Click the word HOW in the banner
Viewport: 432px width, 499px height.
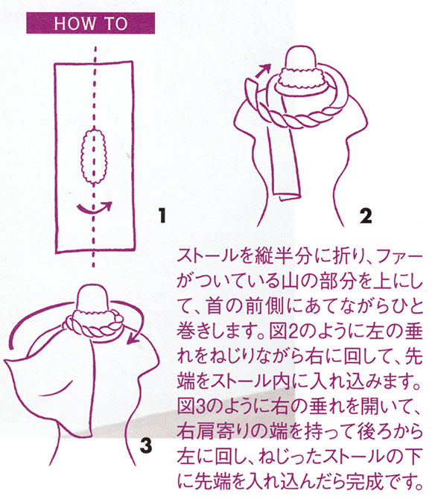pyautogui.click(x=74, y=23)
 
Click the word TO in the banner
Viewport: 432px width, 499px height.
pyautogui.click(x=116, y=23)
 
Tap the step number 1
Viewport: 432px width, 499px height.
pyautogui.click(x=162, y=215)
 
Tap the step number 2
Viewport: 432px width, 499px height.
pyautogui.click(x=366, y=216)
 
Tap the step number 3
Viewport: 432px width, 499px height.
pyautogui.click(x=145, y=445)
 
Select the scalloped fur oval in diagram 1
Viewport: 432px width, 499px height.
pyautogui.click(x=95, y=156)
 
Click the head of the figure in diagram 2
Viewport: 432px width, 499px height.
pyautogui.click(x=301, y=57)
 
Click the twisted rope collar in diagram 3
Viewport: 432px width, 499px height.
pyautogui.click(x=95, y=324)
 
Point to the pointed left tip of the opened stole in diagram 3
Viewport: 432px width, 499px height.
pyautogui.click(x=5, y=362)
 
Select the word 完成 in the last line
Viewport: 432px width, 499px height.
pyautogui.click(x=365, y=481)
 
